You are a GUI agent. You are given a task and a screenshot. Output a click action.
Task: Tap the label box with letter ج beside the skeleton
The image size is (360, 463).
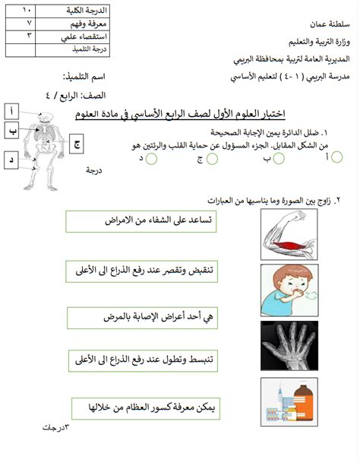tap(78, 143)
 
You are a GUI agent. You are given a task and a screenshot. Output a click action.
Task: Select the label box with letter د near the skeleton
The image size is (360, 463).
tap(12, 160)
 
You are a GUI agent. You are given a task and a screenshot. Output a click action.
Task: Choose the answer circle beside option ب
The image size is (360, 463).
tap(279, 158)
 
